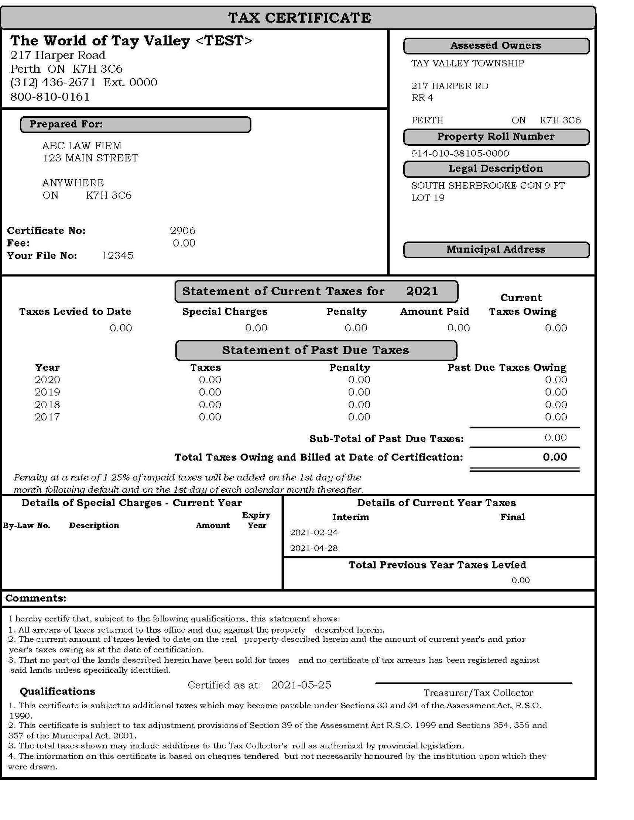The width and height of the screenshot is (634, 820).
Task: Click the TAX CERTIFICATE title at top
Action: pyautogui.click(x=299, y=18)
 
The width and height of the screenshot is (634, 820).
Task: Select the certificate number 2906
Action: pyautogui.click(x=182, y=231)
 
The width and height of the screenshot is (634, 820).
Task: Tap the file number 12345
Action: pyautogui.click(x=117, y=256)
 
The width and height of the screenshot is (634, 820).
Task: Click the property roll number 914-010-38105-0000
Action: pyautogui.click(x=460, y=154)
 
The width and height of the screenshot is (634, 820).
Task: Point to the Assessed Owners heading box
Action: pyautogui.click(x=496, y=46)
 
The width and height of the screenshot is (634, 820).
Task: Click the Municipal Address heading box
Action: pyautogui.click(x=496, y=250)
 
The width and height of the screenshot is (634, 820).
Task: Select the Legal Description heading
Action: pyautogui.click(x=496, y=169)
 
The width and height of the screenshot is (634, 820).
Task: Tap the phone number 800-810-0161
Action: pyautogui.click(x=50, y=97)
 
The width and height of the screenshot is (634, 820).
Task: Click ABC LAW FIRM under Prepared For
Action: pyautogui.click(x=82, y=146)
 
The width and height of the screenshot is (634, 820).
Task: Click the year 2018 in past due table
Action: pyautogui.click(x=47, y=405)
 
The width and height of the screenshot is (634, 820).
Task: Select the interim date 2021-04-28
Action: pyautogui.click(x=313, y=548)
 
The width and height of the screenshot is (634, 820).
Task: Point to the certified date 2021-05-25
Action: pyautogui.click(x=301, y=685)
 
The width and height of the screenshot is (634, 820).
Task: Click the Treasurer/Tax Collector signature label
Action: pyautogui.click(x=478, y=693)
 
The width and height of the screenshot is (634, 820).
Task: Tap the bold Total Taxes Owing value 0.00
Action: pyautogui.click(x=554, y=457)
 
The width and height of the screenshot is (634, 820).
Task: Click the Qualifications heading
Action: pyautogui.click(x=58, y=692)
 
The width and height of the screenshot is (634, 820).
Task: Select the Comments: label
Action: pyautogui.click(x=36, y=598)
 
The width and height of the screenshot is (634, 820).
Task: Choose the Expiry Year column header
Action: pyautogui.click(x=256, y=520)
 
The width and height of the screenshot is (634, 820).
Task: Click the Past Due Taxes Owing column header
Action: pyautogui.click(x=507, y=368)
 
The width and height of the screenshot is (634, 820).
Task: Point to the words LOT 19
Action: pyautogui.click(x=428, y=198)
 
